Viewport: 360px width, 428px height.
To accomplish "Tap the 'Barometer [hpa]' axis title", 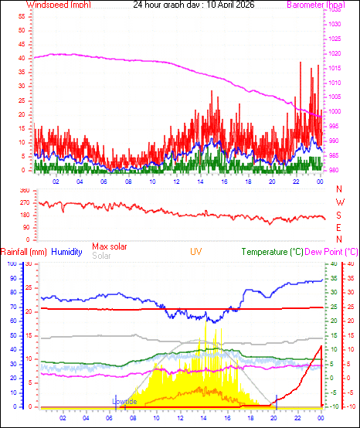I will click(315, 5).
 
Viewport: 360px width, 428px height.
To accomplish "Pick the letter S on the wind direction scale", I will click(339, 215).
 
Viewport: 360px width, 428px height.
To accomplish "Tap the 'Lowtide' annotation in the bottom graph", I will click(124, 402).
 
